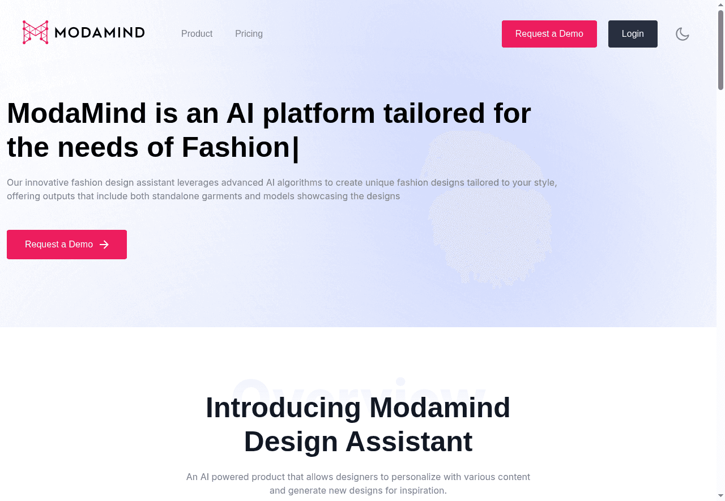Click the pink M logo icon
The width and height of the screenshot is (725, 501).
click(35, 32)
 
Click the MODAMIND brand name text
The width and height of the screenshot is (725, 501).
click(100, 33)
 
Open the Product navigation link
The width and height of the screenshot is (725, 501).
click(197, 34)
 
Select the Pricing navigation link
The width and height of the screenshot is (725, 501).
click(249, 34)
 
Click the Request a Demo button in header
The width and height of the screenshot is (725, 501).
click(549, 34)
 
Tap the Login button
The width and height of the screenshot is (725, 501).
click(633, 34)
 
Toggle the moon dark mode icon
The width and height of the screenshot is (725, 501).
click(683, 34)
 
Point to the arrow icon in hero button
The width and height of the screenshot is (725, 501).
click(104, 245)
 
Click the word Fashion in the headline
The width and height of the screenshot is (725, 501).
click(236, 147)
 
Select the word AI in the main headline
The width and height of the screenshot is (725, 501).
click(240, 113)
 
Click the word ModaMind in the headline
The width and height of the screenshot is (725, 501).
click(76, 113)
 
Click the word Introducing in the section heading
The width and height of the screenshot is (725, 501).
click(283, 408)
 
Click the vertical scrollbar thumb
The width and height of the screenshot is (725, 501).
click(720, 50)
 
